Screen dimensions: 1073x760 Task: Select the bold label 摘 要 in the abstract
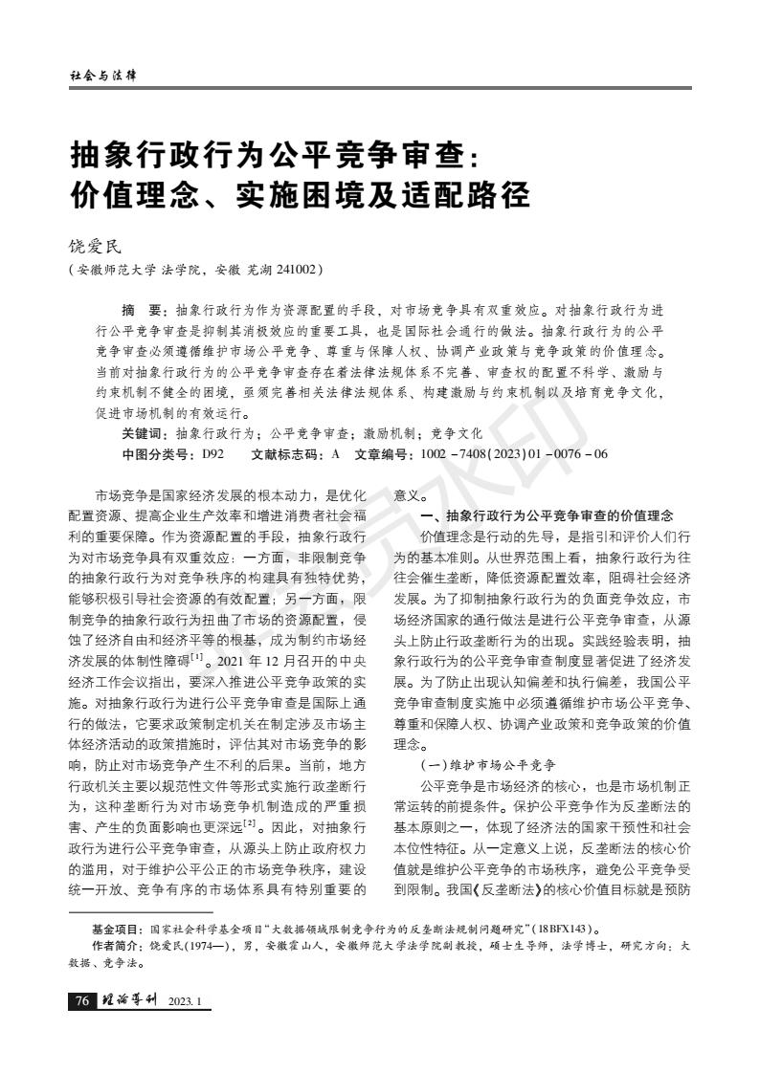point(143,312)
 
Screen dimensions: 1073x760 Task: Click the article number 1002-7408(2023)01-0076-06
point(514,453)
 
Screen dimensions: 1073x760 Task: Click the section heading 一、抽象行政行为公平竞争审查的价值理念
point(548,515)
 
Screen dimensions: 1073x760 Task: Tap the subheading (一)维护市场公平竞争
point(488,765)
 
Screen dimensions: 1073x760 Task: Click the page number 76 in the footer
point(81,1001)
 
